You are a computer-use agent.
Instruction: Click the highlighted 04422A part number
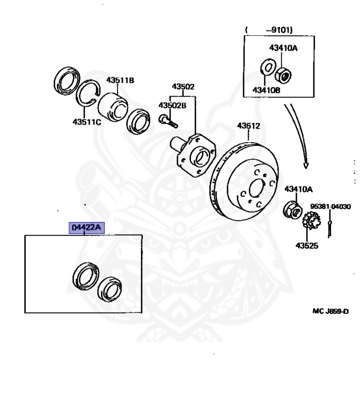coord(86,228)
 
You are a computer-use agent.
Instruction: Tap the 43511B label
coord(120,80)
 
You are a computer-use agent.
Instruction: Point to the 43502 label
coord(183,86)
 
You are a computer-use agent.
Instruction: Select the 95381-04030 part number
coord(330,206)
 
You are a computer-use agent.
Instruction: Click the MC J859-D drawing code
coord(330,311)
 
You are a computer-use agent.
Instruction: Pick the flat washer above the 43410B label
coord(266,68)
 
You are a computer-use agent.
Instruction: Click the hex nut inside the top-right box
coord(284,71)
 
